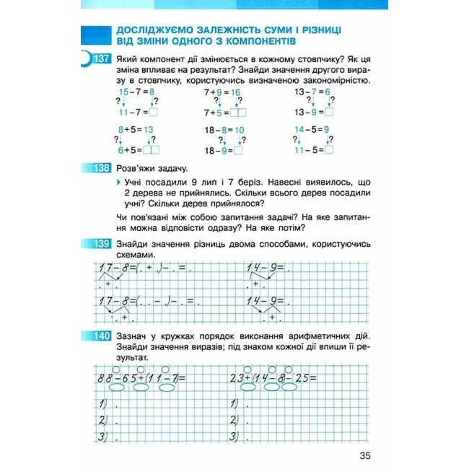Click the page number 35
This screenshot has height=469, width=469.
[362, 455]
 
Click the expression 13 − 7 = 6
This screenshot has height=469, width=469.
[312, 92]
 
